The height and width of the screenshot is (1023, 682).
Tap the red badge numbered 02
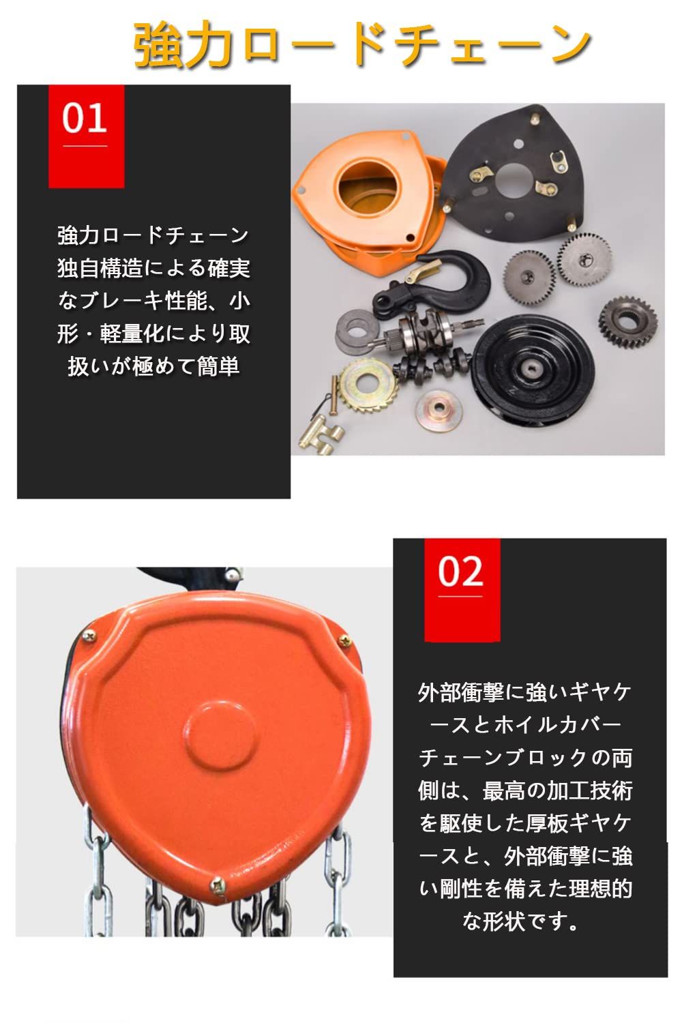click(462, 589)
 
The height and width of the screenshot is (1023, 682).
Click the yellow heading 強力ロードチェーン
click(361, 44)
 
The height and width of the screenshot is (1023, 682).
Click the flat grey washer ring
click(355, 331)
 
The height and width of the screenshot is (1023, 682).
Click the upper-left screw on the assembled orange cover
click(89, 637)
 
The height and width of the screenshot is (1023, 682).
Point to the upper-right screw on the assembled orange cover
click(344, 640)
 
